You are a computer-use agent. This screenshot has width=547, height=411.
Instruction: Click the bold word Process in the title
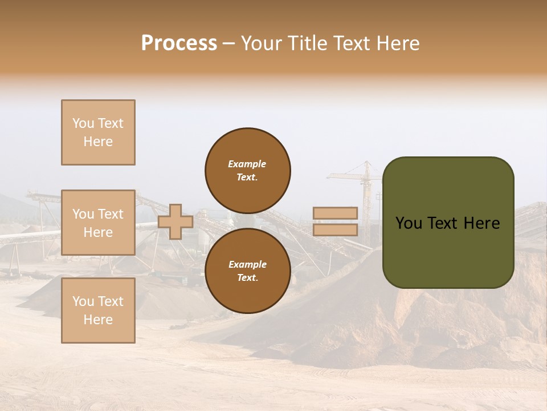pos(179,43)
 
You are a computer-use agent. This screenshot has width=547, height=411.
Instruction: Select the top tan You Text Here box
pos(98,132)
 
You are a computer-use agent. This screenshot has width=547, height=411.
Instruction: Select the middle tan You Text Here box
pos(98,223)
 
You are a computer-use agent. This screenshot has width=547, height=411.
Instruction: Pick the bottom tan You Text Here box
pos(98,311)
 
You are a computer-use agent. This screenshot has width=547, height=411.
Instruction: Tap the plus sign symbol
pos(175,221)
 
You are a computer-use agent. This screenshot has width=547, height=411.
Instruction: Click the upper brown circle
pos(248,170)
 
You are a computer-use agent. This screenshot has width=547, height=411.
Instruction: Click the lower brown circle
pos(248,271)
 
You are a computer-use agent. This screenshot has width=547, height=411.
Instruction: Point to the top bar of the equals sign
pos(335,213)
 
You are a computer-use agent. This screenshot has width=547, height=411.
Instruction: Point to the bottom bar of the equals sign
pos(335,229)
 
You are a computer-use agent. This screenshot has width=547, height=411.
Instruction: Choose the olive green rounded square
pos(448,223)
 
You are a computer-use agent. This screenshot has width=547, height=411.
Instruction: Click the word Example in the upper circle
pos(247,164)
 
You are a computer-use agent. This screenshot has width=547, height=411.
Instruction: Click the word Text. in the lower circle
pos(247,277)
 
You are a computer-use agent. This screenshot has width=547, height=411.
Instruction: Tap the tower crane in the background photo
pos(365,183)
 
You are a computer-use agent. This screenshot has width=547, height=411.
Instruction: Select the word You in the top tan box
pos(83,123)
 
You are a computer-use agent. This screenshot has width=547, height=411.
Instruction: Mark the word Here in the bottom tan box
pos(98,320)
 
